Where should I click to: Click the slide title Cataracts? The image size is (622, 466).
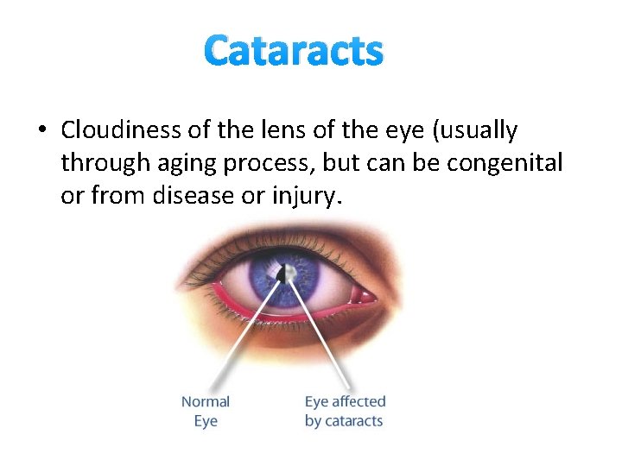[x=294, y=51]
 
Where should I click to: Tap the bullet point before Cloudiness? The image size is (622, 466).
[x=41, y=131]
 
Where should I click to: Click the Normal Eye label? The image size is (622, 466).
[x=205, y=412]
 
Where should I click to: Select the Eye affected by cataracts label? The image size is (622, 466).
[x=345, y=412]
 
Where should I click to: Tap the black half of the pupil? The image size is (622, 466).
[x=280, y=274]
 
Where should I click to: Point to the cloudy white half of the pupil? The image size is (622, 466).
[x=289, y=274]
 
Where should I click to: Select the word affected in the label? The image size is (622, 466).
[x=359, y=402]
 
